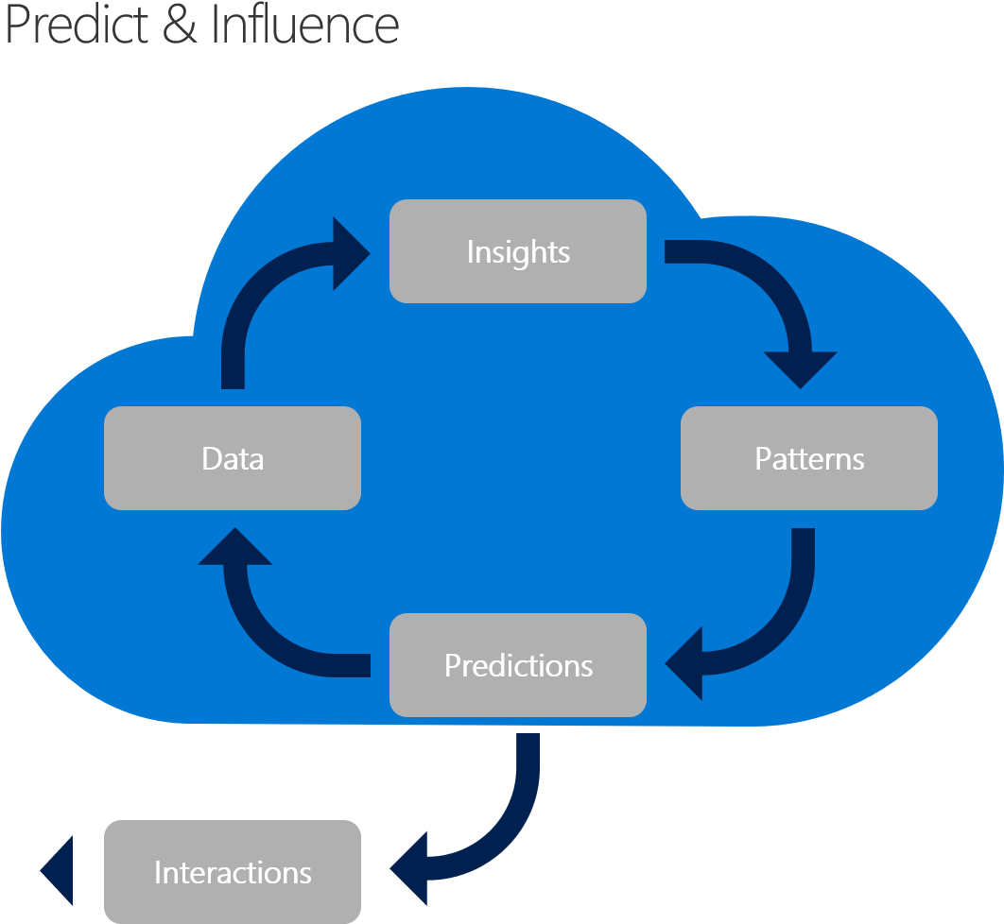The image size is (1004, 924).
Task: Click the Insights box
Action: [518, 251]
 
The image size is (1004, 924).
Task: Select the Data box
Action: [233, 458]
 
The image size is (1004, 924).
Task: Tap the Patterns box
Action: [809, 458]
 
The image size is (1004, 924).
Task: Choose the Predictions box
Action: [518, 665]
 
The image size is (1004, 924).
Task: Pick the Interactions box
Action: [233, 871]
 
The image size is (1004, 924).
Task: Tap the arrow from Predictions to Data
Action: [265, 633]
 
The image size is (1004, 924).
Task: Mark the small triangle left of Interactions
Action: [59, 871]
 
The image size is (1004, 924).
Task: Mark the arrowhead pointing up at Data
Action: [234, 548]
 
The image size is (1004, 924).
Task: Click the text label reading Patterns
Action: [809, 458]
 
